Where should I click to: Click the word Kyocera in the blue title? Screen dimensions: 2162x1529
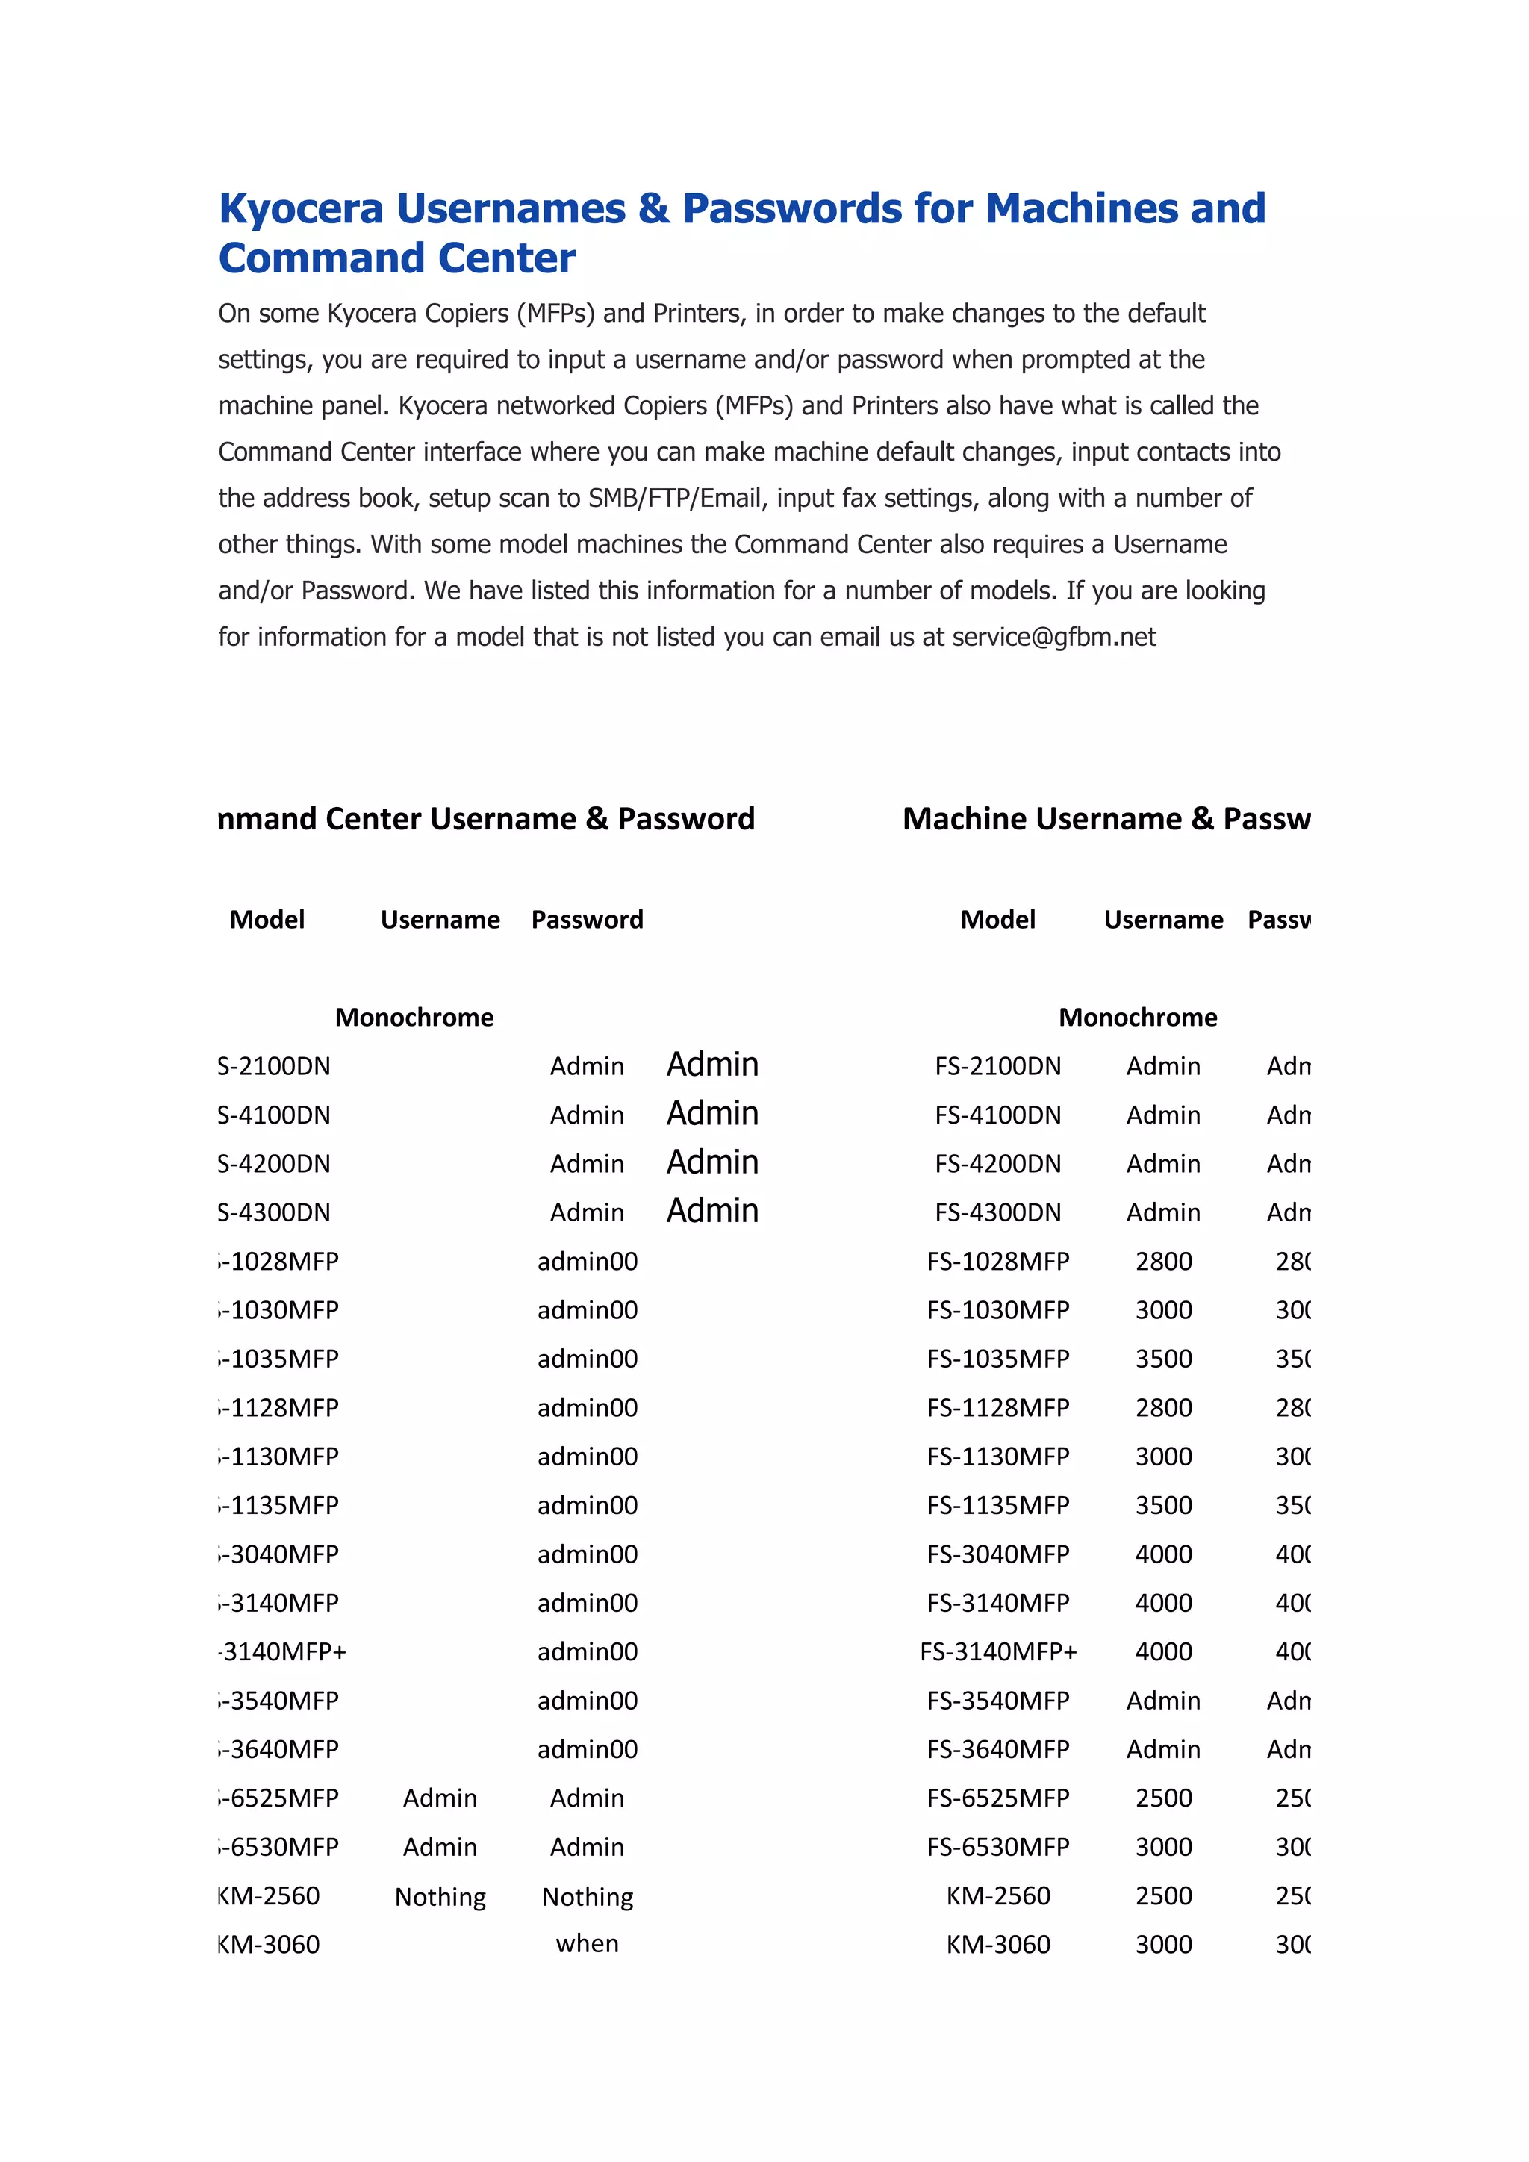click(302, 209)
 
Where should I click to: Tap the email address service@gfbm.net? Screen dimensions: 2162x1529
click(1053, 638)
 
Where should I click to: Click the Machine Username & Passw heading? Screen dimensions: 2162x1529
click(1106, 818)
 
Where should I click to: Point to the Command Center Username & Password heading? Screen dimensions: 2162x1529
click(487, 818)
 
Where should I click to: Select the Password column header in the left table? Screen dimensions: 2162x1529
click(587, 919)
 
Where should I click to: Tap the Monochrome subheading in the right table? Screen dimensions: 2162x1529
click(1137, 1017)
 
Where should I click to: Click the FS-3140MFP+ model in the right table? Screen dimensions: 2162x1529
click(998, 1651)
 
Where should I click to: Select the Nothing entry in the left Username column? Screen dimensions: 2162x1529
click(440, 1896)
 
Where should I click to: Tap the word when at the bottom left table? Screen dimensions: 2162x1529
click(587, 1943)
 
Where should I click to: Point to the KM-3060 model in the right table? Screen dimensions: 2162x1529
click(998, 1945)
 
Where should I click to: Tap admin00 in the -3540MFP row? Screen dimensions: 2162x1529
click(587, 1701)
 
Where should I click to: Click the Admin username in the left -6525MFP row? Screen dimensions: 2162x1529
click(440, 1798)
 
